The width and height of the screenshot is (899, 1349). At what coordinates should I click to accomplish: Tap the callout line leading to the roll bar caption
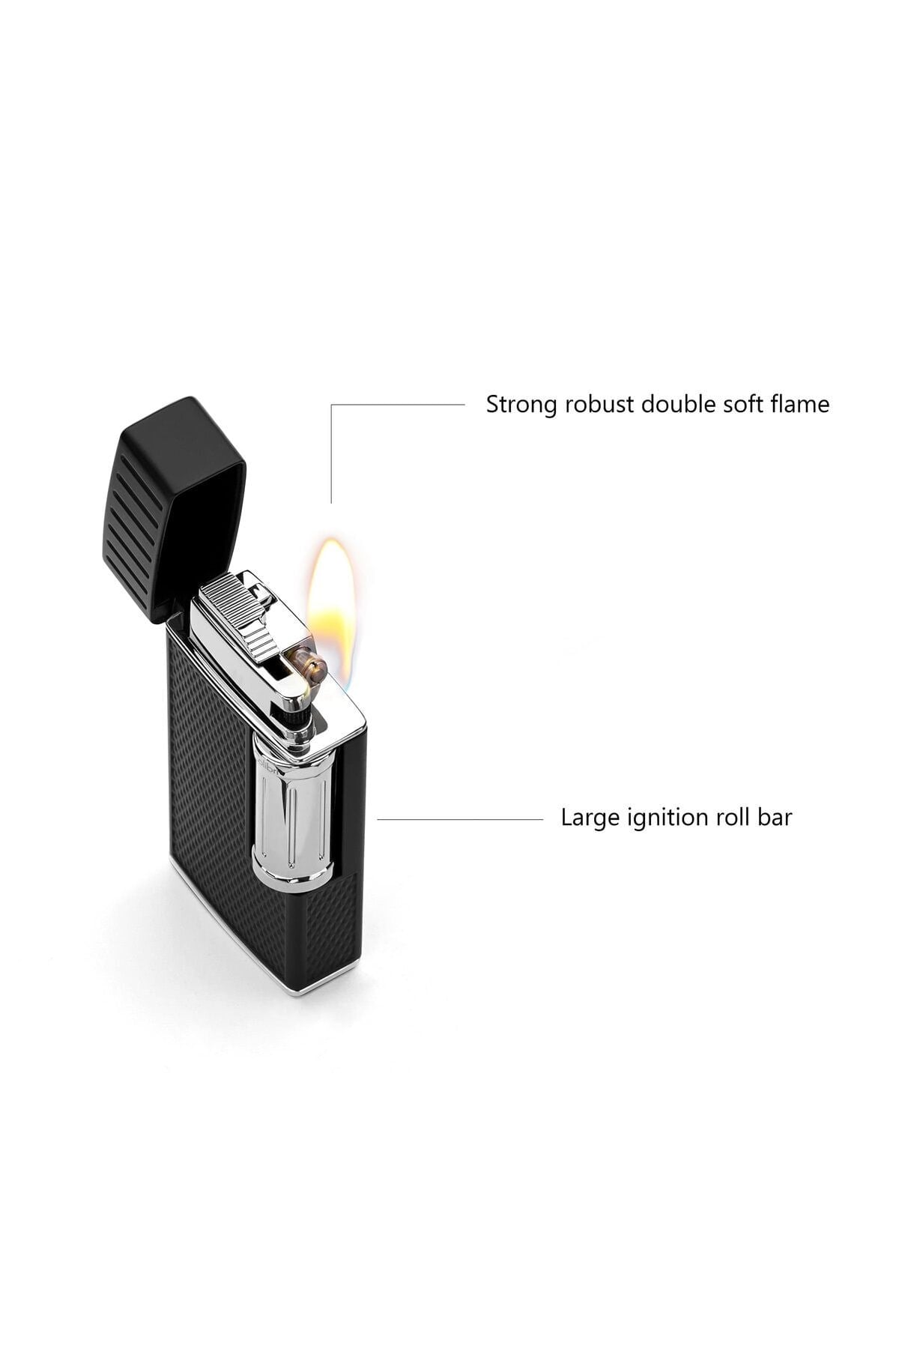point(460,819)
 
